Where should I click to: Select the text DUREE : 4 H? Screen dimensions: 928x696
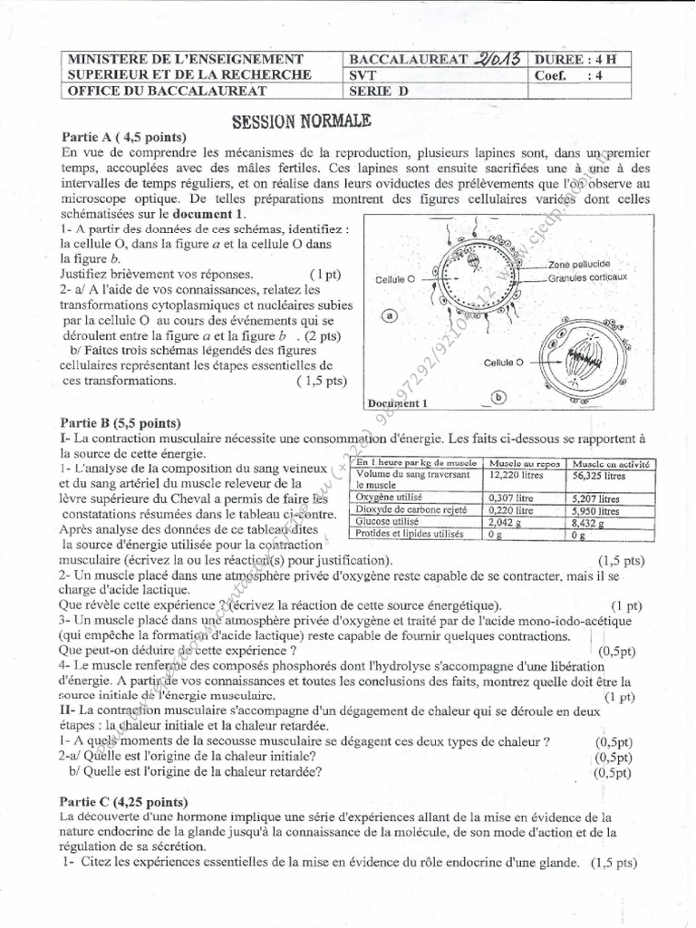(x=578, y=59)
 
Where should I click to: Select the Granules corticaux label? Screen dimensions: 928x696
(x=587, y=277)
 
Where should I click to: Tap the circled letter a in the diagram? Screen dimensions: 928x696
(x=390, y=315)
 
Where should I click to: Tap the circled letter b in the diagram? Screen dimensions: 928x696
(x=498, y=396)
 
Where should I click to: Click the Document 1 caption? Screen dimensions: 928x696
(x=397, y=402)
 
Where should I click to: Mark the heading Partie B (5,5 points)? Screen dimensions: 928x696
(x=121, y=422)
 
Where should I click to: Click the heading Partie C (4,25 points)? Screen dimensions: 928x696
(x=124, y=801)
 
